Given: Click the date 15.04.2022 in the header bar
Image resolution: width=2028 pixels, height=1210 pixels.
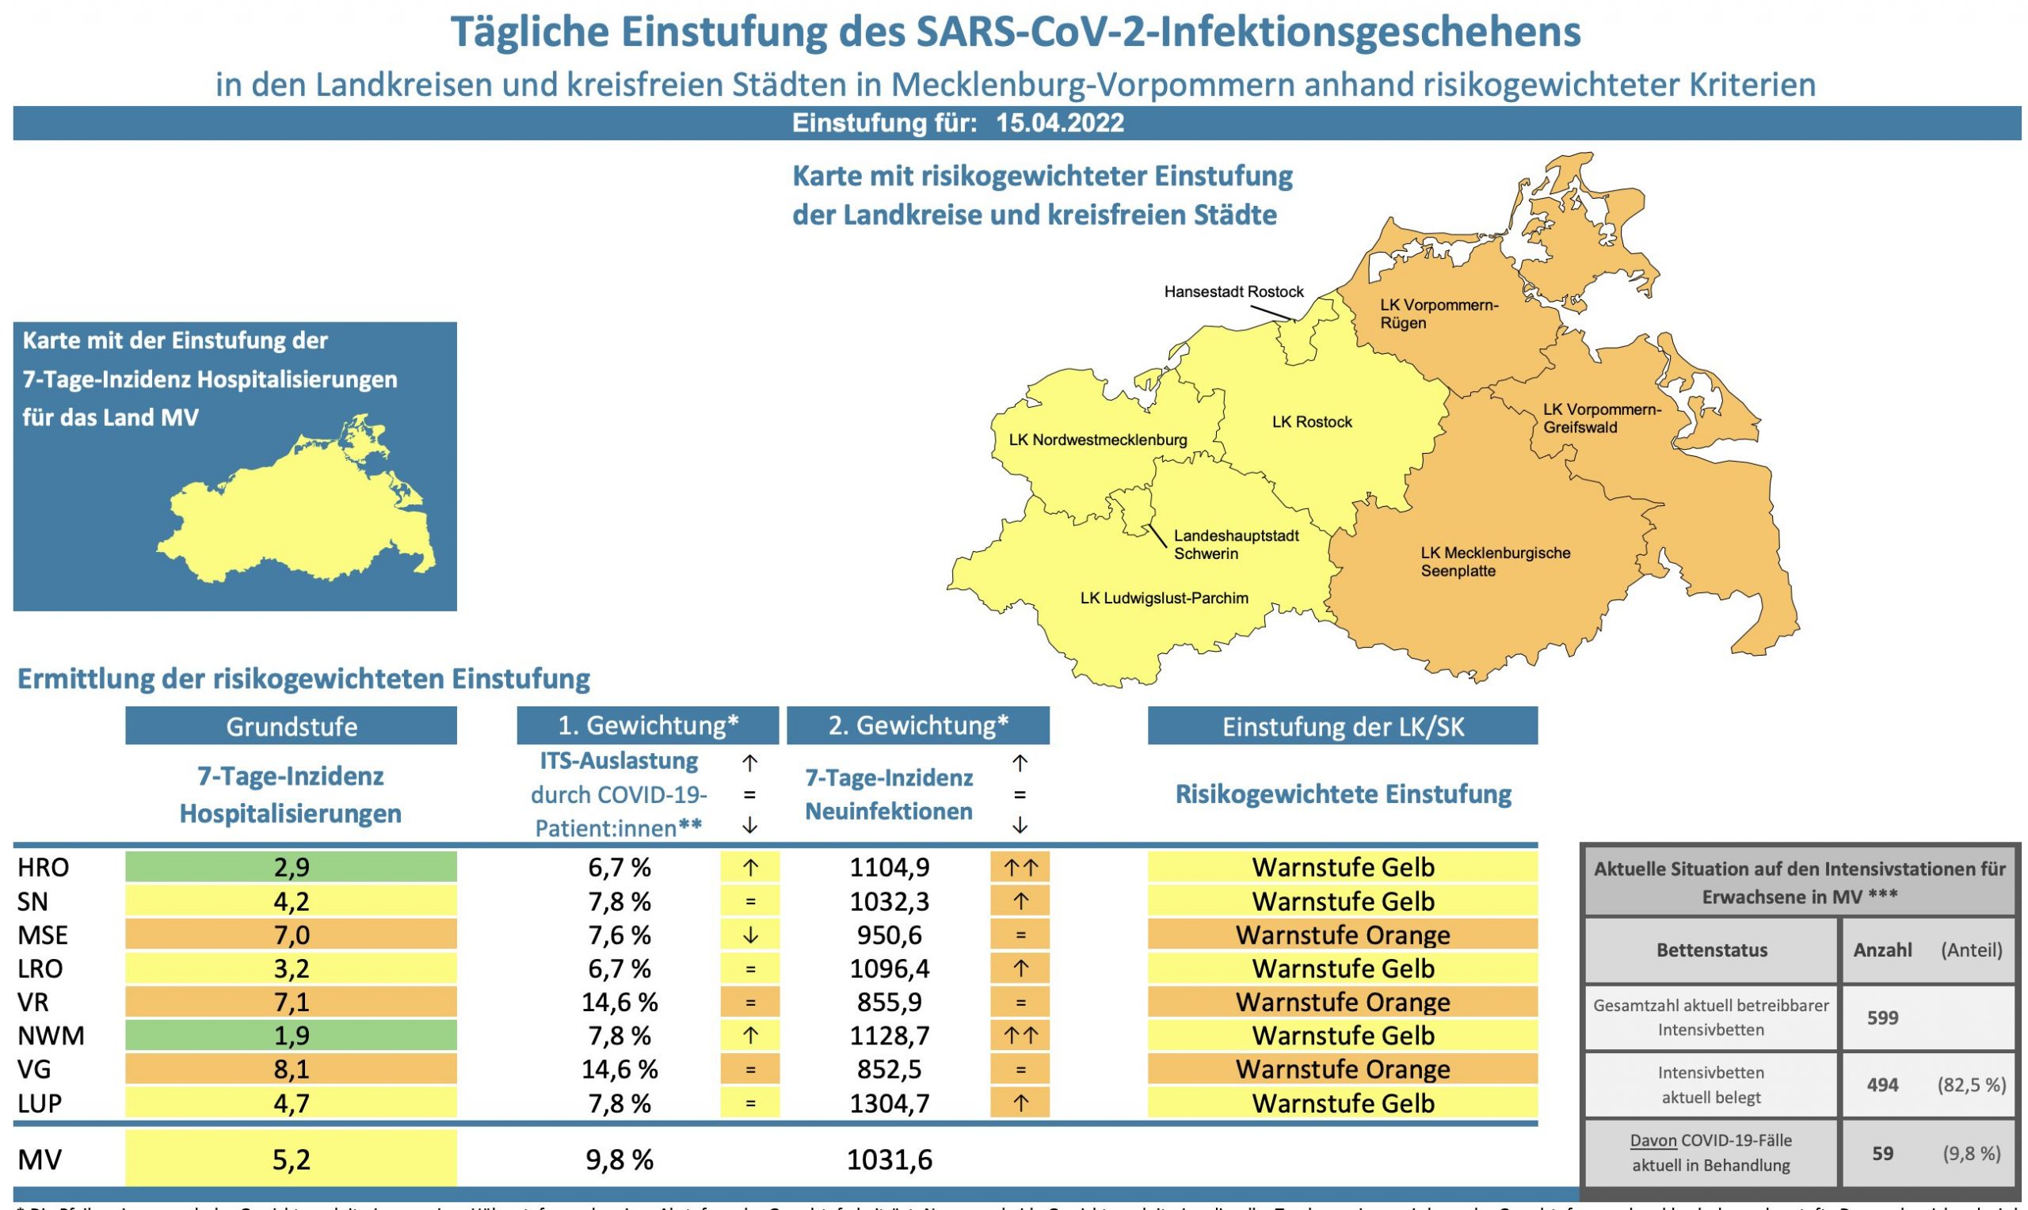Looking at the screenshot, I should [1059, 123].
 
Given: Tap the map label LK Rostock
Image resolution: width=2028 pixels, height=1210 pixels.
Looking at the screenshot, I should [1311, 421].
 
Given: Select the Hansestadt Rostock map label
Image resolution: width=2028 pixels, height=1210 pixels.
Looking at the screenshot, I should [1233, 292].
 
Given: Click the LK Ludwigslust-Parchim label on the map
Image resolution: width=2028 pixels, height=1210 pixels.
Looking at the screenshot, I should [1164, 599].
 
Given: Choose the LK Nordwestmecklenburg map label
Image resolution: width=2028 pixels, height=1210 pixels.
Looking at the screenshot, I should [1098, 440].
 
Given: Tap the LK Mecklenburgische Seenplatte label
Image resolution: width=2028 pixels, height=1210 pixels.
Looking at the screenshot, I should [1495, 561].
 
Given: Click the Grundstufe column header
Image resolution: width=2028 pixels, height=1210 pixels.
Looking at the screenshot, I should [291, 726].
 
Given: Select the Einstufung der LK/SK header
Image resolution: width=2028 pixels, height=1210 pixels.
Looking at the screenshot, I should [1342, 726].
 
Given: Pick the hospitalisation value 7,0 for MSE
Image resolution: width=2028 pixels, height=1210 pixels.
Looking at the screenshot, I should [291, 935].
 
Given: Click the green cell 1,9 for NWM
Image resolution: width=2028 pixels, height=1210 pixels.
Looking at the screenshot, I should [291, 1036].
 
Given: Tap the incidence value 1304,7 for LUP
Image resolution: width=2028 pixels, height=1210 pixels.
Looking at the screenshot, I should [889, 1103].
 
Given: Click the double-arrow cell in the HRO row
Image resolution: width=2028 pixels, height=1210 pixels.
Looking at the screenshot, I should [1020, 868].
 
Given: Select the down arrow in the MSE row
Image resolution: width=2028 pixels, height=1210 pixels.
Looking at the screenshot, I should [749, 935].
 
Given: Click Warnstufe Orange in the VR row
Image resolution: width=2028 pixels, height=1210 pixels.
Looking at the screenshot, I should [1342, 1002].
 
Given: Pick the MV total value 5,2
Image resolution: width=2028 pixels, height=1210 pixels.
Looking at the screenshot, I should [291, 1159].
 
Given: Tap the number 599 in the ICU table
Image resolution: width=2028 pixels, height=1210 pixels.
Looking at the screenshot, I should [1882, 1018].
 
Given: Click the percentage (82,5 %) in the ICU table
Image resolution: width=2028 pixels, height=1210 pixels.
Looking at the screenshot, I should [1971, 1085].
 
